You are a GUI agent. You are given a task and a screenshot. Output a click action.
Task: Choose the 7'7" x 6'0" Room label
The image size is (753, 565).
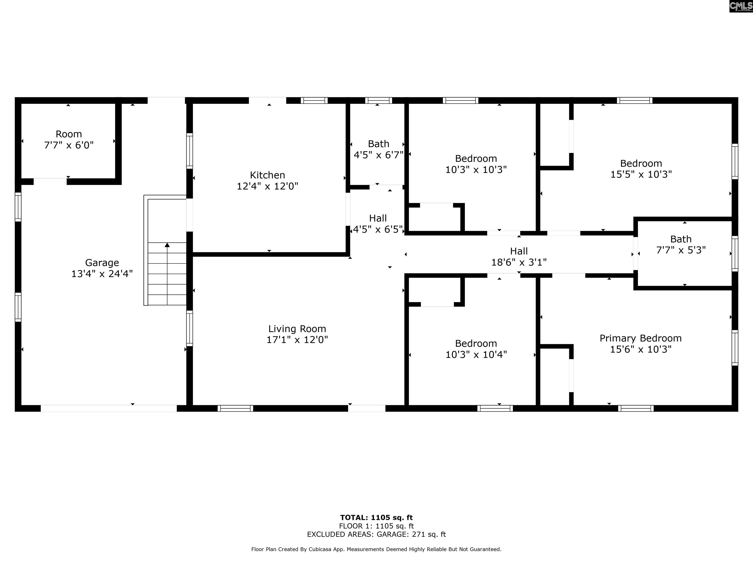[69, 140]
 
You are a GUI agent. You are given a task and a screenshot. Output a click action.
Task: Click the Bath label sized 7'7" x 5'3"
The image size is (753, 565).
[681, 244]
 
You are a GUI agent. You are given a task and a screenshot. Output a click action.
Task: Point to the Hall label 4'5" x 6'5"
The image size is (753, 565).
[378, 224]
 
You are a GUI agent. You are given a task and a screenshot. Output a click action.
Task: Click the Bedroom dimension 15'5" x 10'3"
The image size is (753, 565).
[641, 174]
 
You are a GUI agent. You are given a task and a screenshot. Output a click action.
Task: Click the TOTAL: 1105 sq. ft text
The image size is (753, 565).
[376, 518]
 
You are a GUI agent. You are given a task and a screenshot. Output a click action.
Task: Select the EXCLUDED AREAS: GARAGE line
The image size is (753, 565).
[376, 534]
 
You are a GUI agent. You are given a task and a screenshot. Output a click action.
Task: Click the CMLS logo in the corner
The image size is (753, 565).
[741, 6]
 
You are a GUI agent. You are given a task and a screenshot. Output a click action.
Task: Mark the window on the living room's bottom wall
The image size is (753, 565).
[235, 408]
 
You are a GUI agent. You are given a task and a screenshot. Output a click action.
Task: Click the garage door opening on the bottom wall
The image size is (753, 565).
[109, 408]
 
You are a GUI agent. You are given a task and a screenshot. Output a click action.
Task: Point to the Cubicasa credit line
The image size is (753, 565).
[376, 549]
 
